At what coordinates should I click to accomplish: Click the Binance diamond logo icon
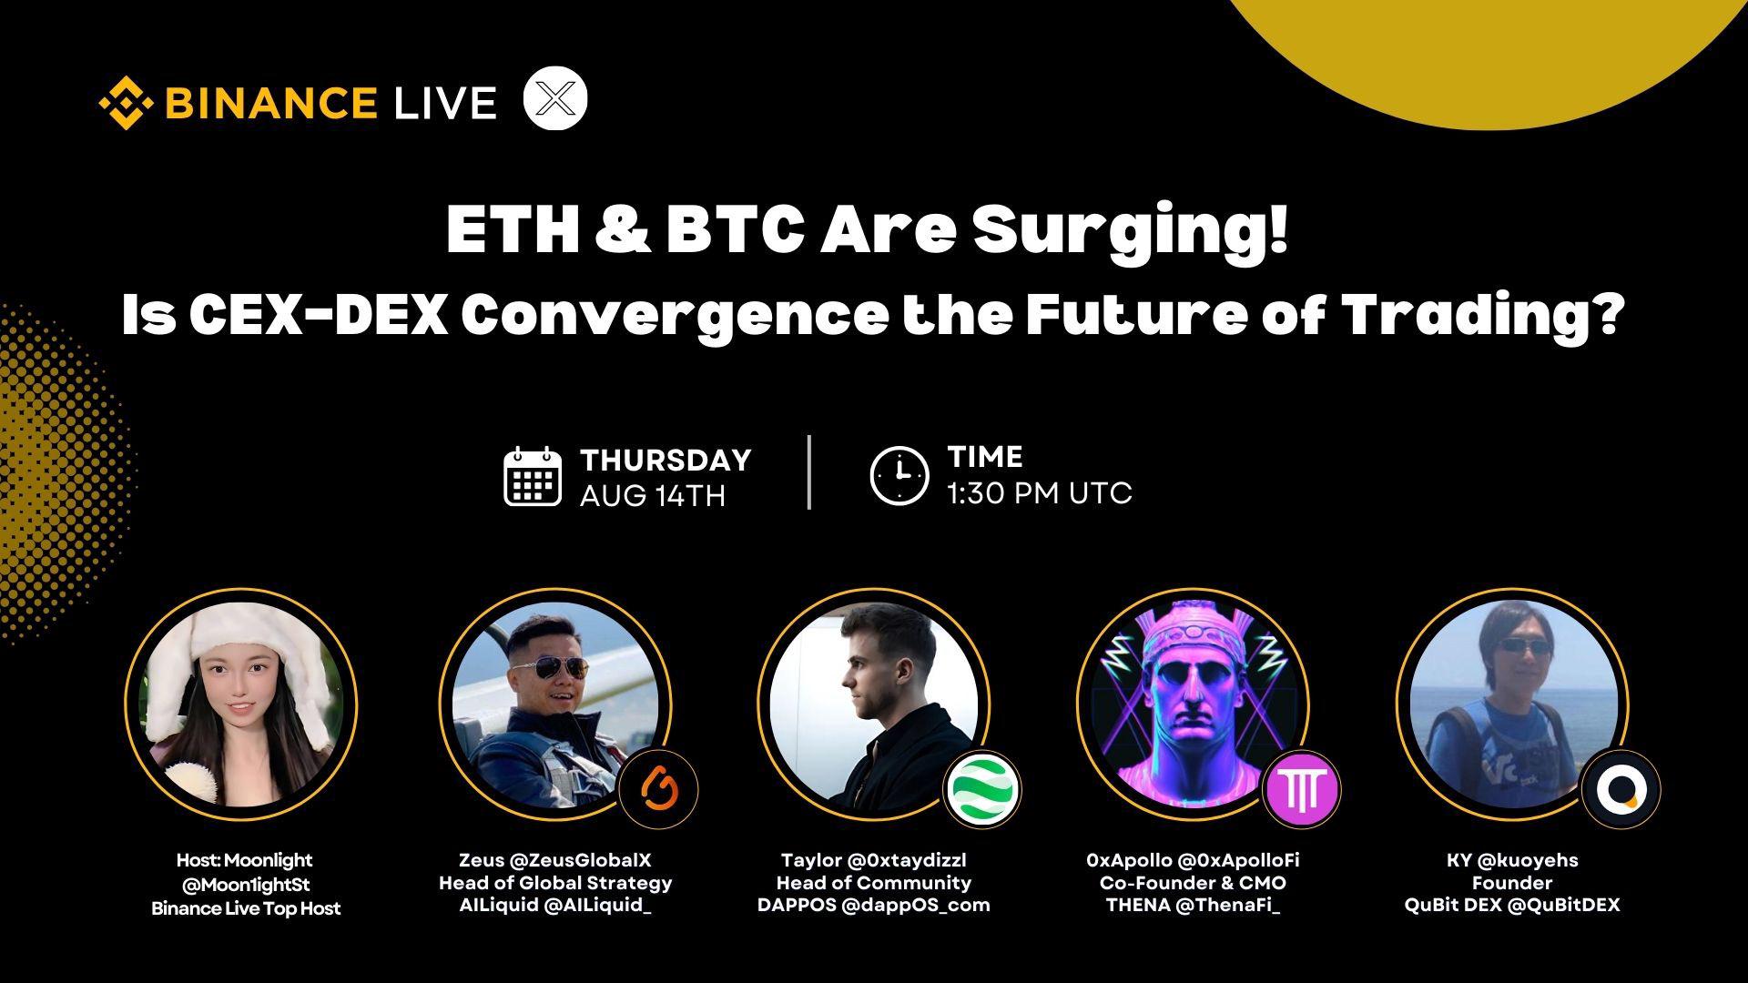pyautogui.click(x=126, y=102)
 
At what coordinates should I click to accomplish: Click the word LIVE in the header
pyautogui.click(x=445, y=103)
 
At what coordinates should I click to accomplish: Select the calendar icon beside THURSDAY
pyautogui.click(x=532, y=476)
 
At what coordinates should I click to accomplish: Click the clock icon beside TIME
pyautogui.click(x=899, y=475)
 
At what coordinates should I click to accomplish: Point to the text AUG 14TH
pyautogui.click(x=653, y=496)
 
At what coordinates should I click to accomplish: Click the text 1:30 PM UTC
pyautogui.click(x=1040, y=493)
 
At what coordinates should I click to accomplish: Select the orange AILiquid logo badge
pyautogui.click(x=658, y=788)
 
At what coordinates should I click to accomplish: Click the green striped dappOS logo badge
pyautogui.click(x=982, y=789)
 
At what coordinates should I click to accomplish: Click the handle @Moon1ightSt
pyautogui.click(x=247, y=884)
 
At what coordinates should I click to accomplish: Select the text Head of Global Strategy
pyautogui.click(x=555, y=883)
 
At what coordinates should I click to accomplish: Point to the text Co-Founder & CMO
pyautogui.click(x=1193, y=883)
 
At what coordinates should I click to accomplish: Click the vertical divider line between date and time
pyautogui.click(x=809, y=472)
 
